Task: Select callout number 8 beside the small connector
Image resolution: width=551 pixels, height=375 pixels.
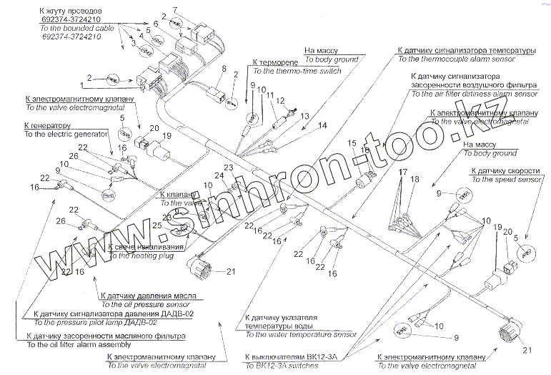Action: [x=224, y=69]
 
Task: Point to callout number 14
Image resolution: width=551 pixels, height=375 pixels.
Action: [x=322, y=125]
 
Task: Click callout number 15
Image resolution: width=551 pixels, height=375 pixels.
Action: [x=352, y=144]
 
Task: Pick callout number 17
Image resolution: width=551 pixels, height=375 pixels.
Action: [x=403, y=172]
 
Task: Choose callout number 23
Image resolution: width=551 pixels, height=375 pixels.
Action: [x=229, y=167]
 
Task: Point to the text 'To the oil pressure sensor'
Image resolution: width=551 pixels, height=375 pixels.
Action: [x=143, y=303]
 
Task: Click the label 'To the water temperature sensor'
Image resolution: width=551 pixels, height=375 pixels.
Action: [x=300, y=333]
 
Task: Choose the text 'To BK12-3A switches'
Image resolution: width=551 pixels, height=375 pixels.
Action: [x=284, y=364]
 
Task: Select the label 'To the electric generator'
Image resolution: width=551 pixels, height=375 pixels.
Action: [x=65, y=134]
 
